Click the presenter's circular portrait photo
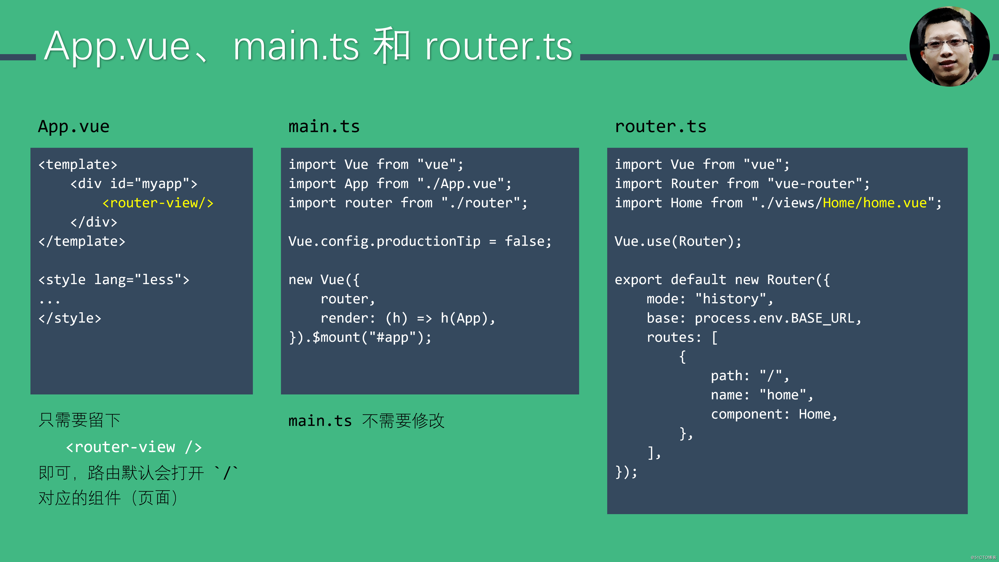click(949, 47)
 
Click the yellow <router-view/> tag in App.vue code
click(157, 203)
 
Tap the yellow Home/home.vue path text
click(874, 203)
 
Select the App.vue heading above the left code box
click(74, 126)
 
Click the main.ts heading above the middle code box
click(324, 126)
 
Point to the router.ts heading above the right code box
click(661, 126)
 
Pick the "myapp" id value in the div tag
click(162, 183)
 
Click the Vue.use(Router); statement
click(678, 241)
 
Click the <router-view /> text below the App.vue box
click(134, 447)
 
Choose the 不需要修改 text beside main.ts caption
click(403, 421)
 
